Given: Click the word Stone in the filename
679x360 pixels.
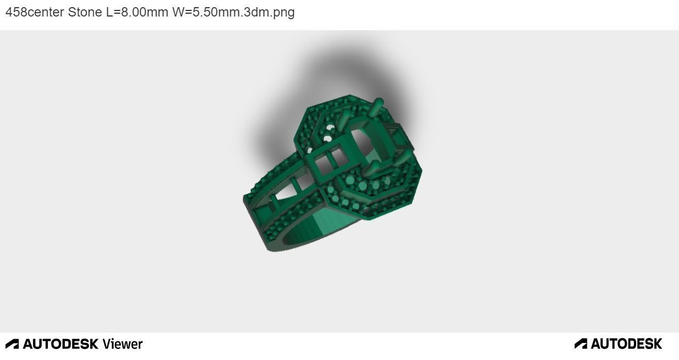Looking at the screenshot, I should tap(85, 12).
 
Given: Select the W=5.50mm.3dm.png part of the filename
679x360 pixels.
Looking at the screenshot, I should tap(233, 12).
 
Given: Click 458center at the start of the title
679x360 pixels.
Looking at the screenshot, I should tap(35, 12).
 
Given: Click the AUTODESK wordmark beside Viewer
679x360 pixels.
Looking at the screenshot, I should tap(60, 344).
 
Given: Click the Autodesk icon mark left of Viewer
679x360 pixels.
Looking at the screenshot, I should tap(12, 344).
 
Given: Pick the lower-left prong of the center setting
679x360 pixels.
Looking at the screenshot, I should tap(370, 169).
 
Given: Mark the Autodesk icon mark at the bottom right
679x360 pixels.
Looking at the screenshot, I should tap(581, 344).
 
